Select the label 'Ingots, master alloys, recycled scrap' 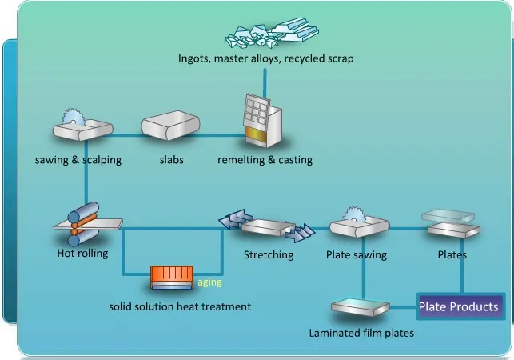point(265,58)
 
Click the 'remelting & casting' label point(265,160)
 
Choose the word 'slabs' point(171,160)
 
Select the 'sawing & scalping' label point(78,160)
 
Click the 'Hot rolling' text point(82,255)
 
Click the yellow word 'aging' point(209,282)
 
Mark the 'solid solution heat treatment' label point(180,306)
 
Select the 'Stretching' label point(269,255)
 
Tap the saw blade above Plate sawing point(354,214)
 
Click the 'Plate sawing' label point(357,255)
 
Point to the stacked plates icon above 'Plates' point(451,224)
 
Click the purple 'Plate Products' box point(459,306)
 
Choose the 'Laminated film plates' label point(361,332)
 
